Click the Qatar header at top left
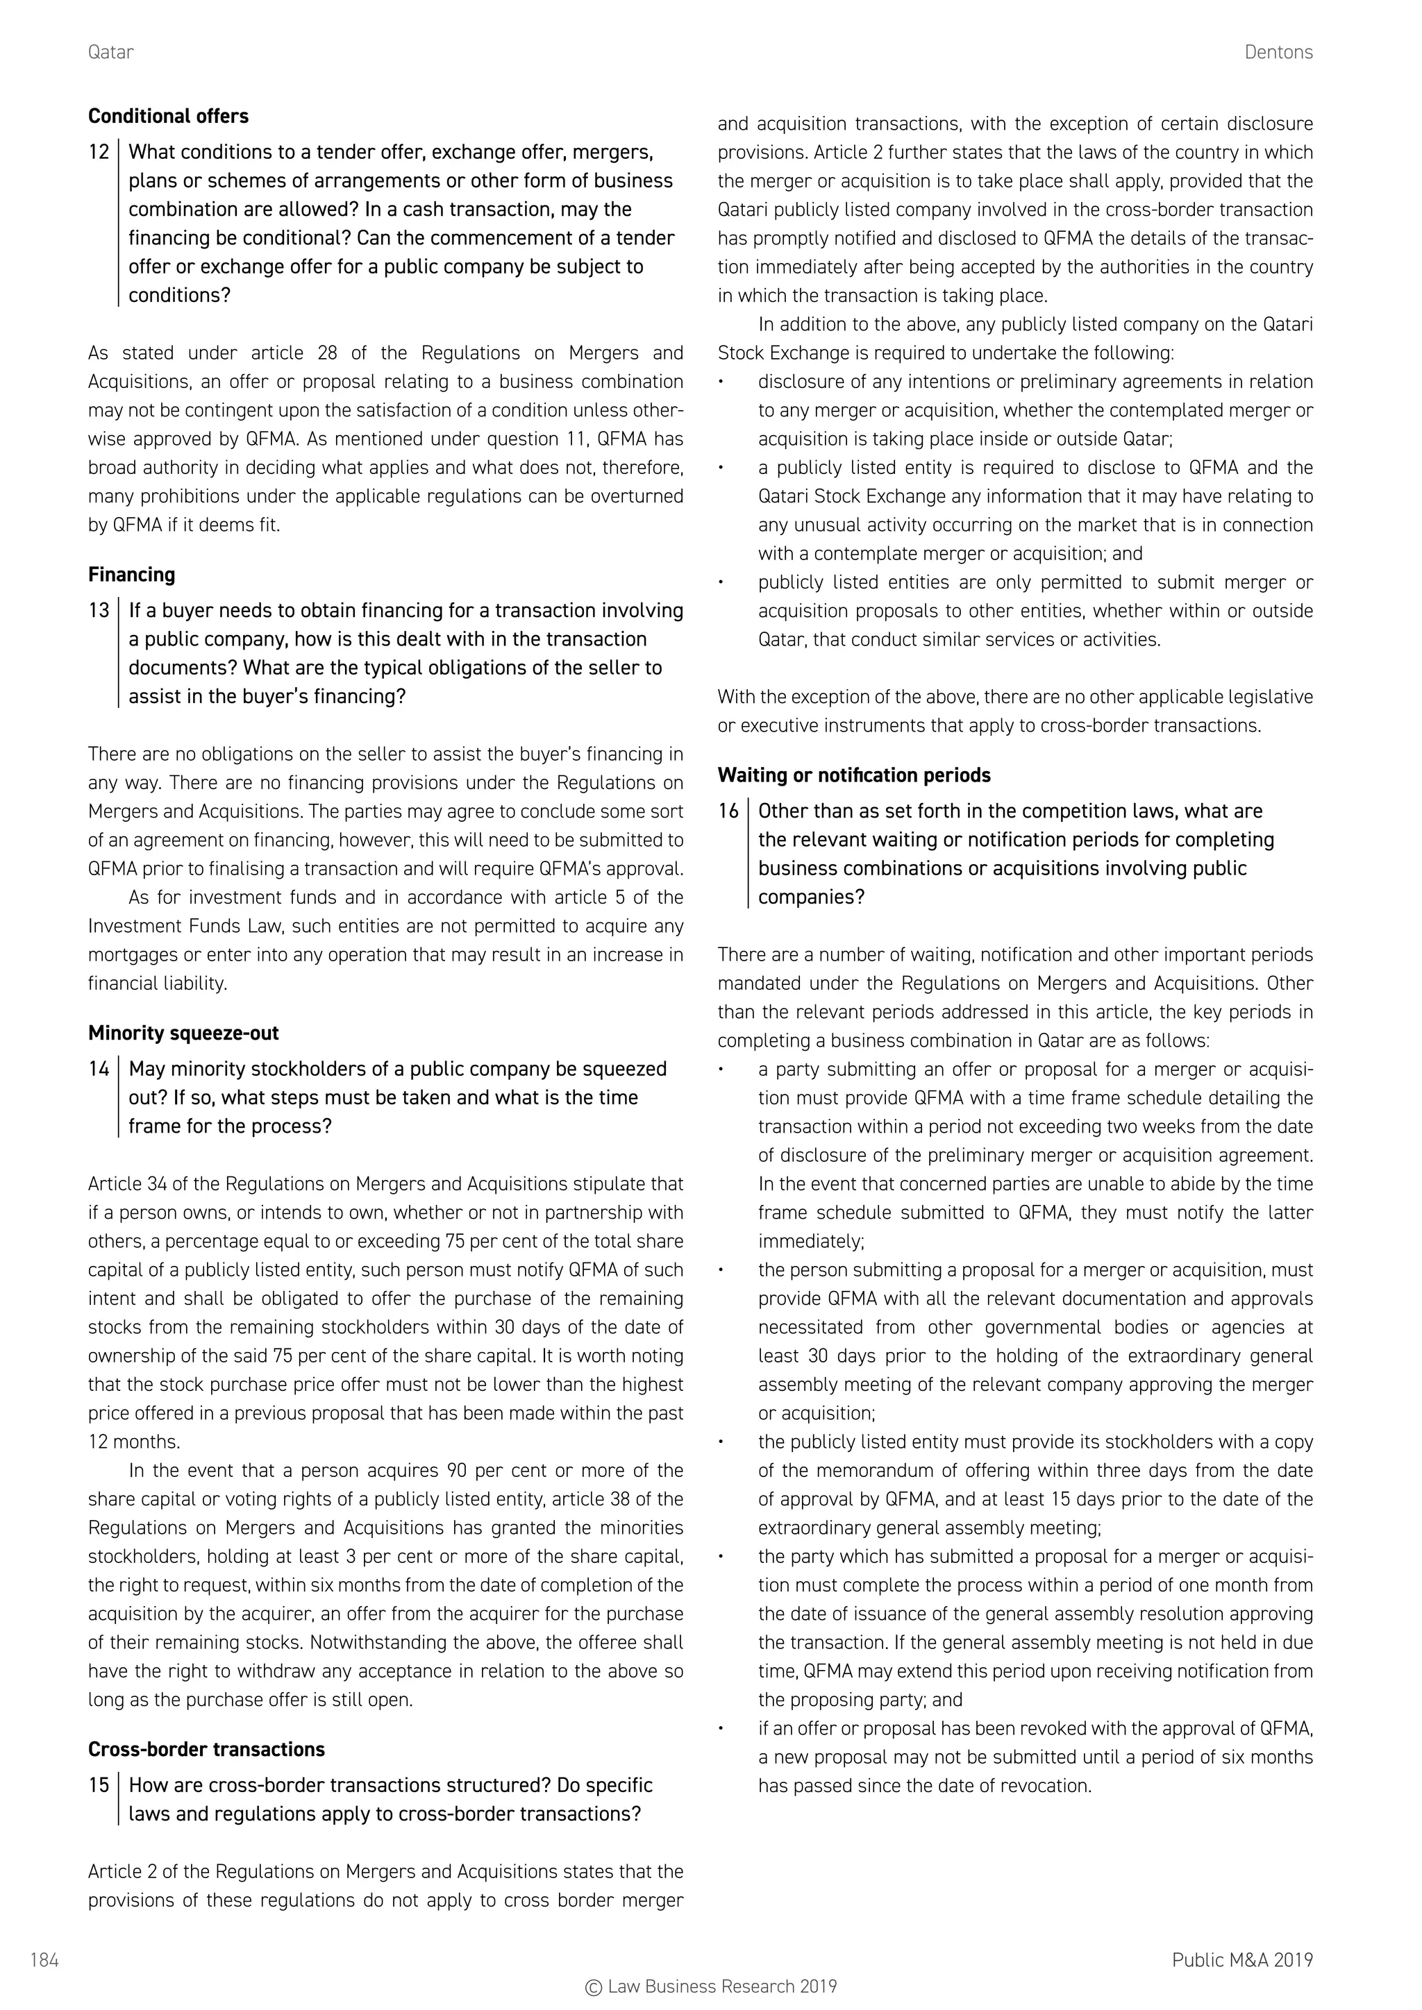pos(110,53)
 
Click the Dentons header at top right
pos(1278,53)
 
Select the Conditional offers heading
pos(168,117)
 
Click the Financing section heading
pos(131,575)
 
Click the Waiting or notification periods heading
pos(854,776)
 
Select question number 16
pos(728,811)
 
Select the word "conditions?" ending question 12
pos(178,296)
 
